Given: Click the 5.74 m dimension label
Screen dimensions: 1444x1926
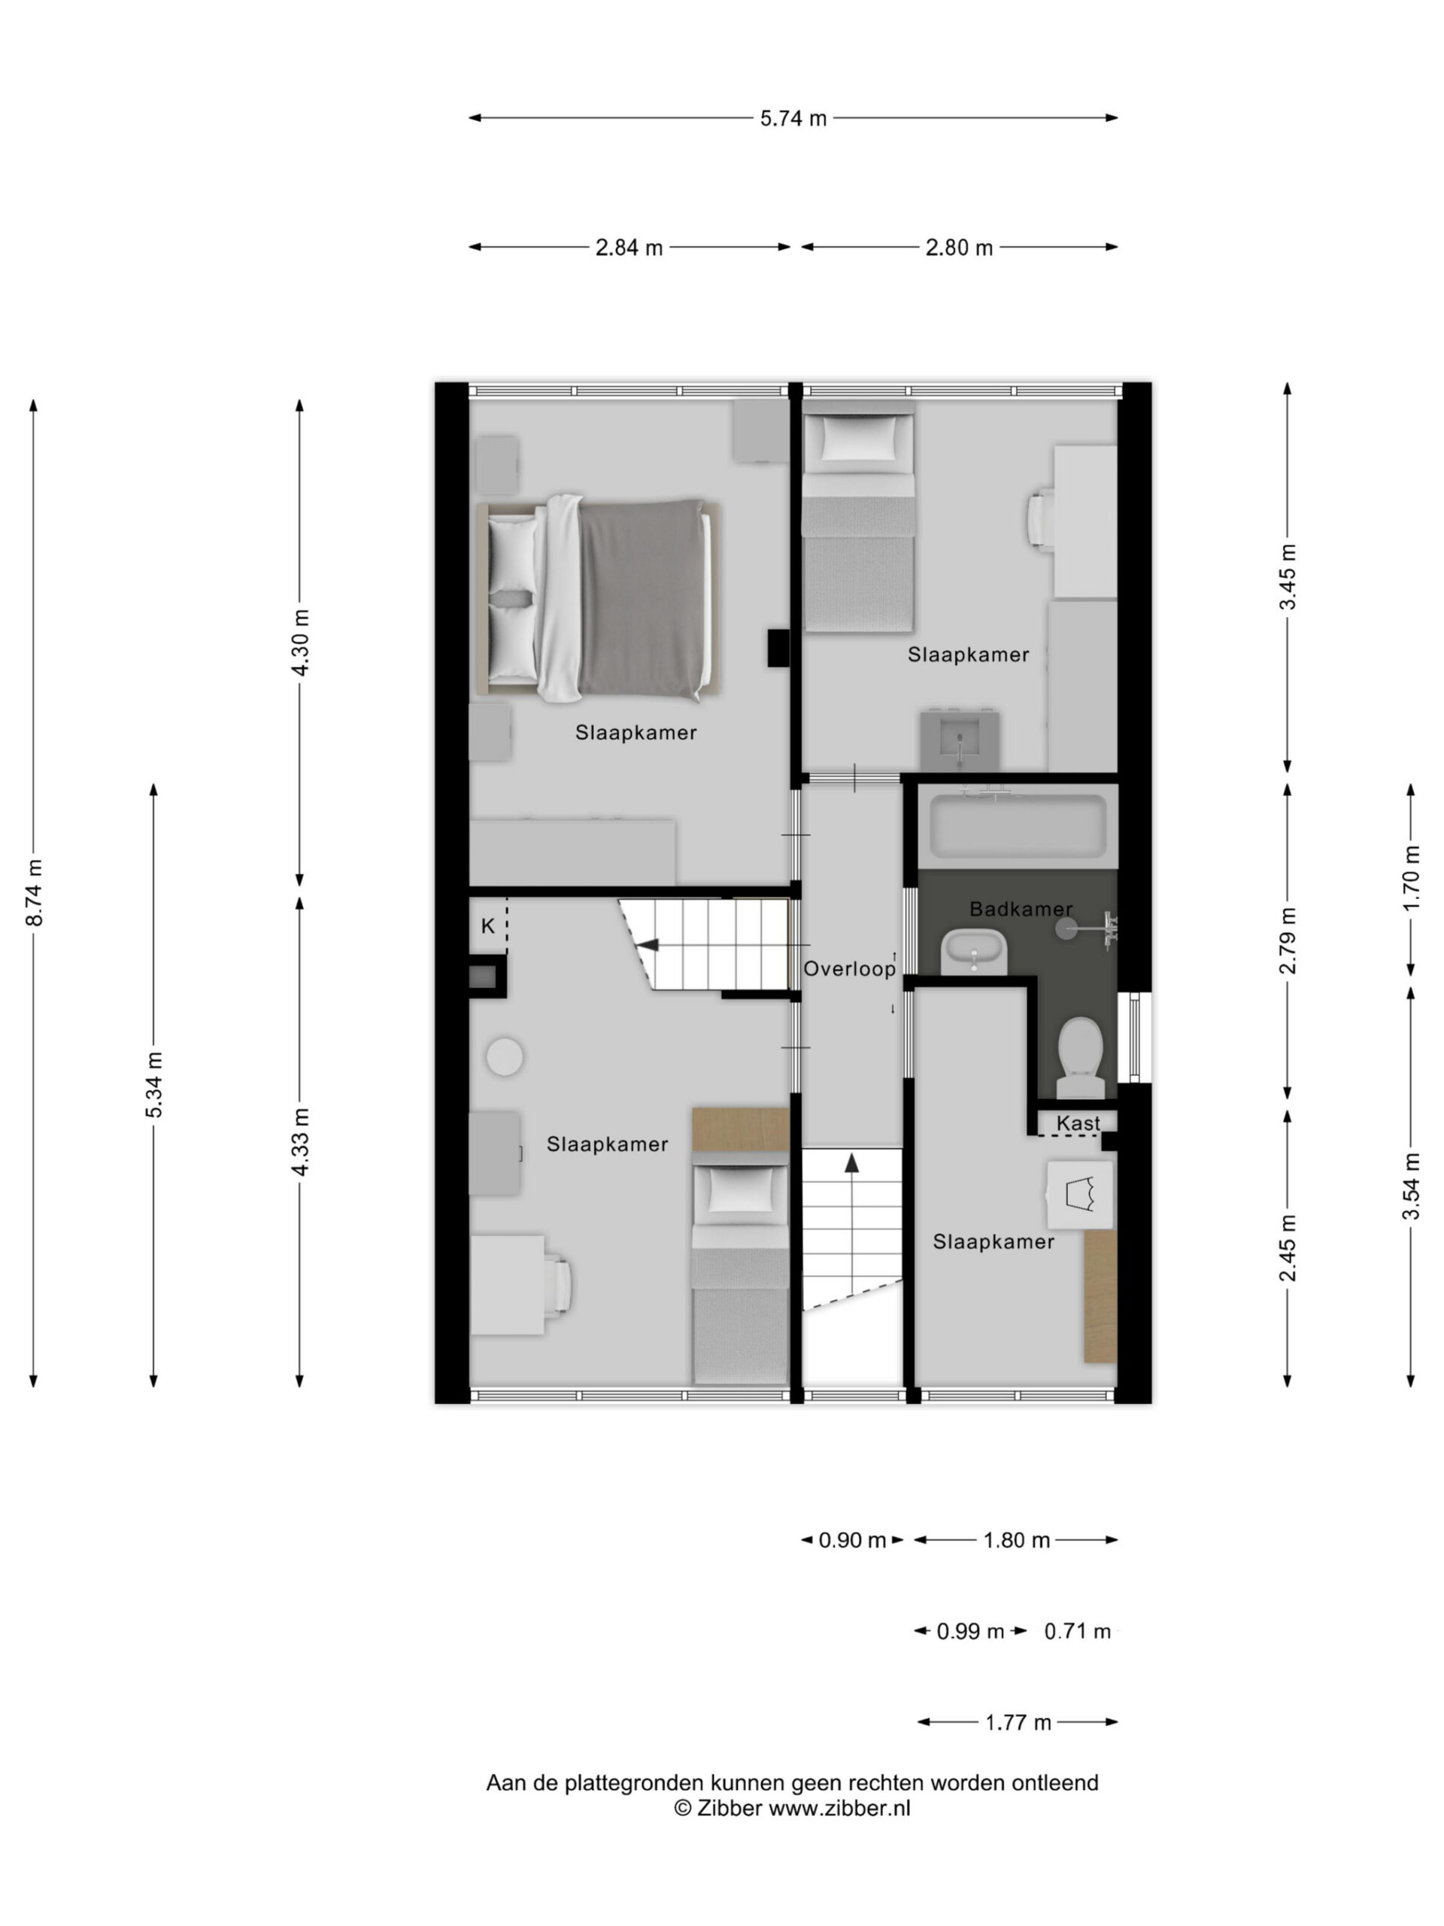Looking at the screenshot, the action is (793, 118).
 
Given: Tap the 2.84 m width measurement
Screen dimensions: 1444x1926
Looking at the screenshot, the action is (629, 248).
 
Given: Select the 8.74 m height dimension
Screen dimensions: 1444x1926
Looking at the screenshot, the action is (35, 892).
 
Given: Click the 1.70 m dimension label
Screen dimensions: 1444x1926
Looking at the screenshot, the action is (1412, 879).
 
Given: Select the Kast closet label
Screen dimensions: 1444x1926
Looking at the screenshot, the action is (1078, 1123).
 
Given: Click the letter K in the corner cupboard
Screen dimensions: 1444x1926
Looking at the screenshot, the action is (487, 926).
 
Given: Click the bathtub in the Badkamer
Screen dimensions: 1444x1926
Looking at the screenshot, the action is (1018, 825).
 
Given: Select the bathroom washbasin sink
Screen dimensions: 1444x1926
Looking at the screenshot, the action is (975, 952).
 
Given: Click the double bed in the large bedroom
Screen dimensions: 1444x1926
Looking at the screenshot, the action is (599, 600).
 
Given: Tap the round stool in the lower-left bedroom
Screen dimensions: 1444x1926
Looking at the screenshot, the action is (505, 1057).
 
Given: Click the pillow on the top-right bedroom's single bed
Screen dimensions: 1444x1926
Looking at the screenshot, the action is (858, 437).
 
